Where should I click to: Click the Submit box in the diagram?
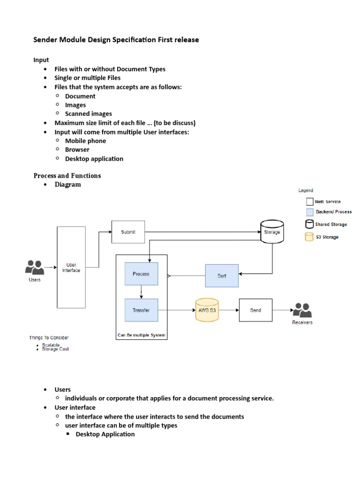pyautogui.click(x=128, y=232)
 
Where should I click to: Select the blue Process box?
pyautogui.click(x=141, y=274)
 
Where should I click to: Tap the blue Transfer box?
pyautogui.click(x=141, y=310)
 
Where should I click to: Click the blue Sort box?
pyautogui.click(x=222, y=276)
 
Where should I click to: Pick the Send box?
pyautogui.click(x=255, y=310)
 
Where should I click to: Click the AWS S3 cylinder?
pyautogui.click(x=207, y=310)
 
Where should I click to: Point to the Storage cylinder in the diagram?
pyautogui.click(x=272, y=232)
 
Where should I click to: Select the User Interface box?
pyautogui.click(x=71, y=267)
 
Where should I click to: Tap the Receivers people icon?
pyautogui.click(x=302, y=310)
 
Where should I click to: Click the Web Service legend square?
pyautogui.click(x=309, y=202)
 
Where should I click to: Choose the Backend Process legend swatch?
pyautogui.click(x=309, y=212)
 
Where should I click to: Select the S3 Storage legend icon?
pyautogui.click(x=309, y=237)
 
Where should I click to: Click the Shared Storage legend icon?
pyautogui.click(x=309, y=225)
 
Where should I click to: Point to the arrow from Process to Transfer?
pyautogui.click(x=141, y=292)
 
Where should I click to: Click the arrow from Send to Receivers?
pyautogui.click(x=282, y=310)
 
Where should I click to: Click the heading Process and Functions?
pyautogui.click(x=67, y=176)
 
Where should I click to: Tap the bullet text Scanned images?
pyautogui.click(x=88, y=114)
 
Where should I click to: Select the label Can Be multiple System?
pyautogui.click(x=141, y=336)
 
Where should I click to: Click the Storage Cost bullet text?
pyautogui.click(x=55, y=349)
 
